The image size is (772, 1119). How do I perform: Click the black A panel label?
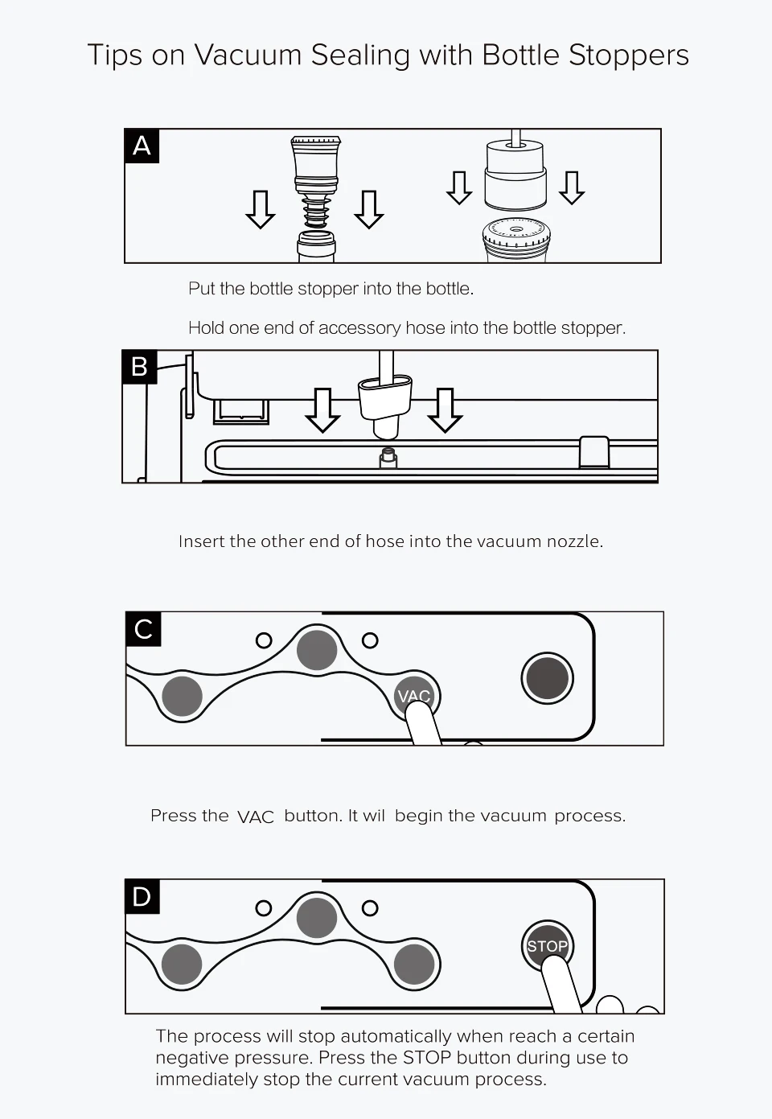click(142, 146)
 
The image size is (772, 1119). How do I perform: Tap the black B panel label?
click(140, 367)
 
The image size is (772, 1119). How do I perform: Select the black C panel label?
click(143, 629)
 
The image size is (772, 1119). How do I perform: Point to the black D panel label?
click(142, 896)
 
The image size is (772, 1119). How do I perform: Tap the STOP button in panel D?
click(548, 946)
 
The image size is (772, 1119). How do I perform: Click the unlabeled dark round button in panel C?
click(548, 678)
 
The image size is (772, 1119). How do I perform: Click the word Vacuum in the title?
click(248, 55)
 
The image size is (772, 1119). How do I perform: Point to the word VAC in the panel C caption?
click(256, 817)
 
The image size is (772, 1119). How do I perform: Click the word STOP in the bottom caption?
click(427, 1058)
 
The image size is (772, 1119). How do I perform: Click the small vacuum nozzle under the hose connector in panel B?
click(388, 458)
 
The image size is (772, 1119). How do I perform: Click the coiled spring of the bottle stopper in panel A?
click(315, 212)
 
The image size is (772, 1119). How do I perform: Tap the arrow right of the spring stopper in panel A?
click(369, 209)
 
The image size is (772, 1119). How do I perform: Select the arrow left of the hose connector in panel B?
click(322, 410)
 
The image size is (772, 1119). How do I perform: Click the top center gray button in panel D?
click(317, 918)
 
